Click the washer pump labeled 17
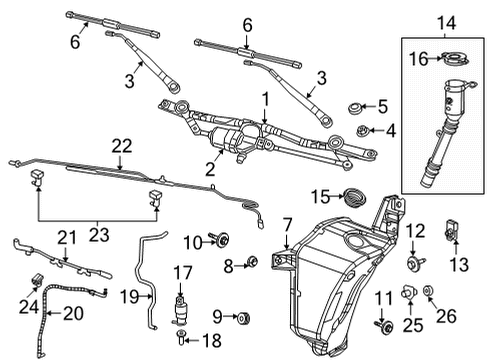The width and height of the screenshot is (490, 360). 182,304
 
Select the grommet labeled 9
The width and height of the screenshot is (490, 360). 244,319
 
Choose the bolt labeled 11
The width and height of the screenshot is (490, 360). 381,324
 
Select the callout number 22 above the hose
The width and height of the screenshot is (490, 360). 122,146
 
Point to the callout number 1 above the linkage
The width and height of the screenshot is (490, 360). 265,100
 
